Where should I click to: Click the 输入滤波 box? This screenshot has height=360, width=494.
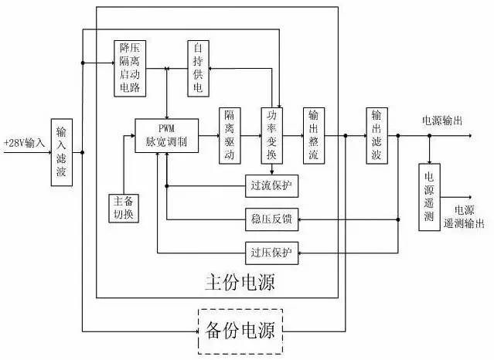62,153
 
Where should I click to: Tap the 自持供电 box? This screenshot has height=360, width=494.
199,67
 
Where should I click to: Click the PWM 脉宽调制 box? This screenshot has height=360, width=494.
165,135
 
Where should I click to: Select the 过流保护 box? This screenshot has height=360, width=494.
270,185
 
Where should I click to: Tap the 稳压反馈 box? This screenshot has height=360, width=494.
270,219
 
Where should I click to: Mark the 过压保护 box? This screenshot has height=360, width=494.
270,252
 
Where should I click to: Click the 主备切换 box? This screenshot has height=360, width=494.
124,208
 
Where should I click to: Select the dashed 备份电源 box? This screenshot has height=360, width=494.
240,331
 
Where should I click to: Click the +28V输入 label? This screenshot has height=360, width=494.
24,143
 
